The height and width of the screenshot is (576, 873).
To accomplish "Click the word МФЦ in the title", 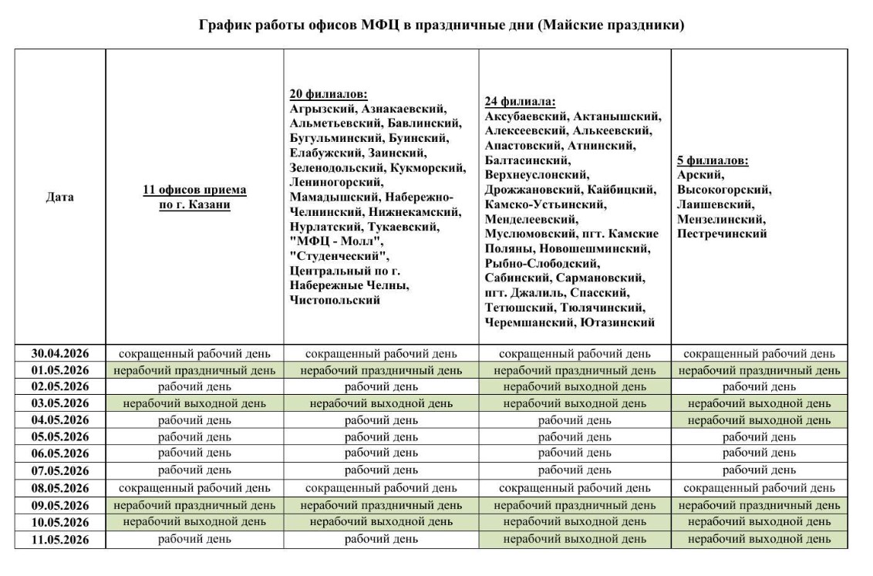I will pyautogui.click(x=379, y=25).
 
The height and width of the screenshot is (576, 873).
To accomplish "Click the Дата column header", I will pyautogui.click(x=60, y=197).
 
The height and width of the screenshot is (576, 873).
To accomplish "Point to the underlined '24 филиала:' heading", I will pyautogui.click(x=521, y=102).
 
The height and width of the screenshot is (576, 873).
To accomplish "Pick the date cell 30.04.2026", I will pyautogui.click(x=60, y=354).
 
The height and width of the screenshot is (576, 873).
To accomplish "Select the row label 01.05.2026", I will pyautogui.click(x=60, y=371).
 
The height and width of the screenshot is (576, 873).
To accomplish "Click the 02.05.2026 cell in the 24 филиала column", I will pyautogui.click(x=575, y=387).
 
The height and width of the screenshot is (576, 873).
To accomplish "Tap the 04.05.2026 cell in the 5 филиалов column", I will pyautogui.click(x=759, y=420).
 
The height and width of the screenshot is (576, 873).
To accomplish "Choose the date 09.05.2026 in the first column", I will pyautogui.click(x=60, y=506).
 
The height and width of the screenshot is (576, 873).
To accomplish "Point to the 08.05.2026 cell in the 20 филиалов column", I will pyautogui.click(x=381, y=488).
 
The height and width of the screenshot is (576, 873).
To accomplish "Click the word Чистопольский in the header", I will pyautogui.click(x=335, y=300).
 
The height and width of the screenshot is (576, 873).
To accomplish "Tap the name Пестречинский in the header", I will pyautogui.click(x=722, y=234).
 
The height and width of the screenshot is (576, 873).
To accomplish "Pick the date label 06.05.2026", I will pyautogui.click(x=60, y=454).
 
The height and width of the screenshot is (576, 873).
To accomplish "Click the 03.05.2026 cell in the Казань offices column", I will pyautogui.click(x=194, y=403).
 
